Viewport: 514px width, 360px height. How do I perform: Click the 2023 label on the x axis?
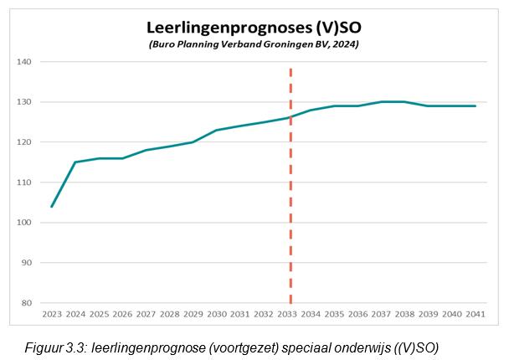pyautogui.click(x=52, y=315)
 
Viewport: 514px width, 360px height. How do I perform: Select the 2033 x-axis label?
pyautogui.click(x=287, y=315)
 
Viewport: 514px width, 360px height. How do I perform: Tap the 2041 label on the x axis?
pyautogui.click(x=475, y=315)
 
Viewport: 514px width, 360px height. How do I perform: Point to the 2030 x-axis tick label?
pyautogui.click(x=217, y=315)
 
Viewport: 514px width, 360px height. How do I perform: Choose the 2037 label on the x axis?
pyautogui.click(x=382, y=315)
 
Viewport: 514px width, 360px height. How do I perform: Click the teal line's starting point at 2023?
pyautogui.click(x=52, y=206)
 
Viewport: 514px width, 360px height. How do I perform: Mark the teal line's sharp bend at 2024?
pyautogui.click(x=75, y=162)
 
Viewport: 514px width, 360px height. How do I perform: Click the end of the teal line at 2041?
pyautogui.click(x=475, y=106)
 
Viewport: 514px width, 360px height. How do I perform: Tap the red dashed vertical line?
pyautogui.click(x=290, y=209)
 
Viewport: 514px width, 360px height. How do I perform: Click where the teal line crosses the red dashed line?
pyautogui.click(x=290, y=117)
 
